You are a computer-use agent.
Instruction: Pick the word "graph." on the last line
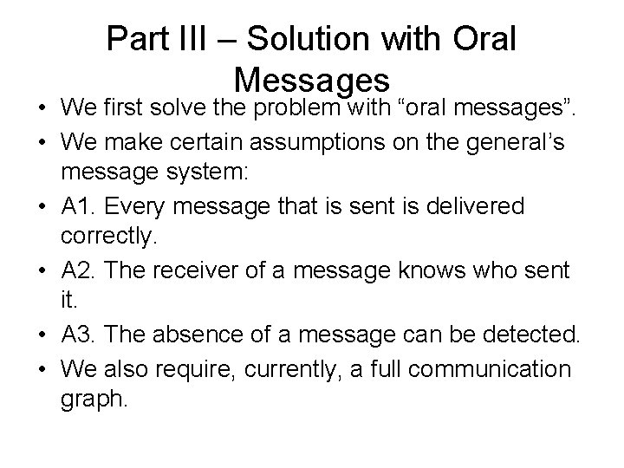[x=94, y=399]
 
